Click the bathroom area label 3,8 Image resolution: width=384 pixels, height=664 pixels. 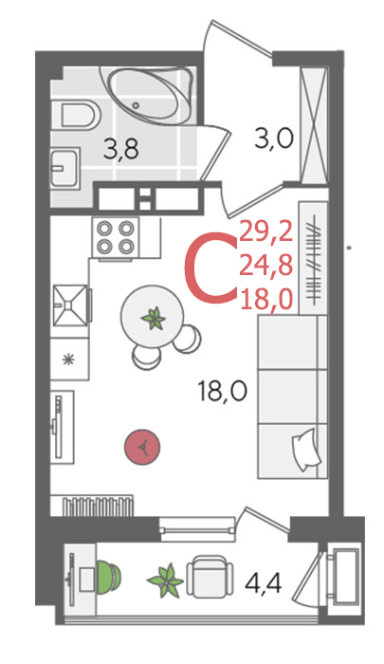click(121, 150)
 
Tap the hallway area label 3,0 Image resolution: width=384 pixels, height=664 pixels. click(274, 139)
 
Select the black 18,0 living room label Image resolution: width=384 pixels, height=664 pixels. click(222, 391)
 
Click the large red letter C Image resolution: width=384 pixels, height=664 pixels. click(210, 267)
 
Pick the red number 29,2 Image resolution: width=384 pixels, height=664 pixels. click(266, 232)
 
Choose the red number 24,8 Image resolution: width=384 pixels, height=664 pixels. click(266, 267)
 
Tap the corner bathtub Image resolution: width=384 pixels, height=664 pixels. click(147, 96)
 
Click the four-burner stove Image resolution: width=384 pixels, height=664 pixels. click(115, 237)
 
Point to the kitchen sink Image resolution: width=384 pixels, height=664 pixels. click(70, 305)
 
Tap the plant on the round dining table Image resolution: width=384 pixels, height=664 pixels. click(154, 319)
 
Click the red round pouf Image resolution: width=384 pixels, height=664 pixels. click(142, 447)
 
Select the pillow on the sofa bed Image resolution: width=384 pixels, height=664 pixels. click(305, 450)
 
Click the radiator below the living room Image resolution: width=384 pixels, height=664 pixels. click(98, 506)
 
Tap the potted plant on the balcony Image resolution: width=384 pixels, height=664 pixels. click(166, 581)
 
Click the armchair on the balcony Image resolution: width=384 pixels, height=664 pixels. click(210, 576)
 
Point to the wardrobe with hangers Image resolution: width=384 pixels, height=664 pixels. click(314, 258)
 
